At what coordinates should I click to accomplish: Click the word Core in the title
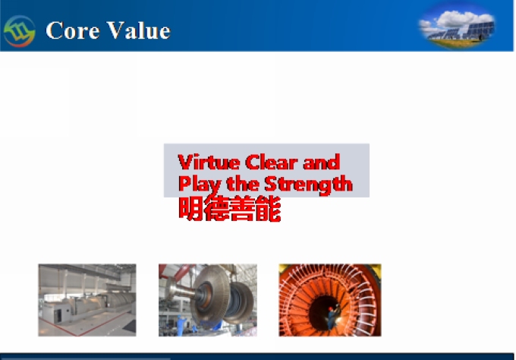tap(72, 30)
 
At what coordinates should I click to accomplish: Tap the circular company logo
tap(19, 31)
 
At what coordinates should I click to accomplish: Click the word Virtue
tap(209, 162)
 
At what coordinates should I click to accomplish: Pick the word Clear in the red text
tap(272, 162)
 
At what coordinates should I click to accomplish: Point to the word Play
tap(200, 185)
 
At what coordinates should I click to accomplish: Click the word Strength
tap(308, 185)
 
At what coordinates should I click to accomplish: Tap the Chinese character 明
tap(190, 209)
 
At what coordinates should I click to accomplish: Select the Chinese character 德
tap(216, 209)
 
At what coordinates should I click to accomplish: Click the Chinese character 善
tap(242, 209)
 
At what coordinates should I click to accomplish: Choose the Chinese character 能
tap(268, 209)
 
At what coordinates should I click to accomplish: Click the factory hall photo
tap(87, 300)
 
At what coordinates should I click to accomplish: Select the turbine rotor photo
tap(208, 300)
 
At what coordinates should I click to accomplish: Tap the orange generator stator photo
tap(330, 300)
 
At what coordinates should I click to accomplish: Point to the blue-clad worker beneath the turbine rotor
tap(181, 326)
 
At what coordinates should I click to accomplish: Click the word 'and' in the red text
tap(322, 162)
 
